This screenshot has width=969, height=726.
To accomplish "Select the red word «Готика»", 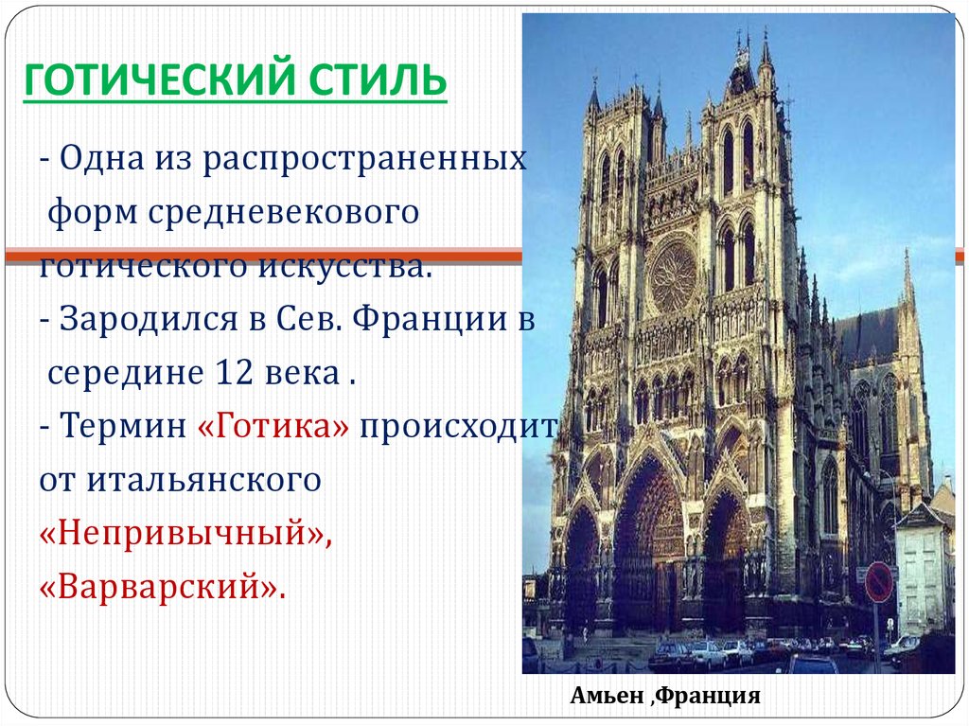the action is pos(273,425).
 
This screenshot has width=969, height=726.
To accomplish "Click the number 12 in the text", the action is pos(236,372).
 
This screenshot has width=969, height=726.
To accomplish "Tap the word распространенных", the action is pos(365,158).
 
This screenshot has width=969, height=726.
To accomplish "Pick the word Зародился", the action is pos(149,319).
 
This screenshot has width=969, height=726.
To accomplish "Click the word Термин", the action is pos(123,425).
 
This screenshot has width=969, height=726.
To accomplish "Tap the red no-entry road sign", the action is pos(878,582).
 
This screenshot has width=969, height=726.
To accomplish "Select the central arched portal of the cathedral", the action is pos(648,544).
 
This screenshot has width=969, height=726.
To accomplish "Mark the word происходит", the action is pos(458,427).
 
